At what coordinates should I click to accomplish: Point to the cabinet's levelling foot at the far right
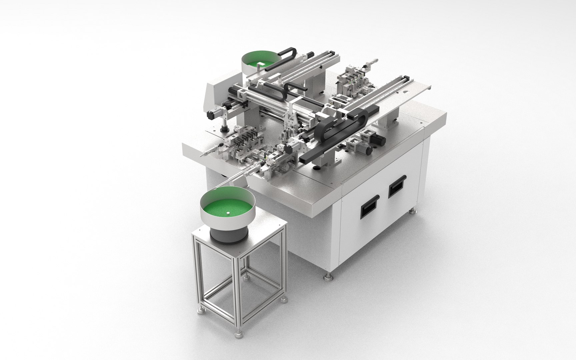click(413, 211)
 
